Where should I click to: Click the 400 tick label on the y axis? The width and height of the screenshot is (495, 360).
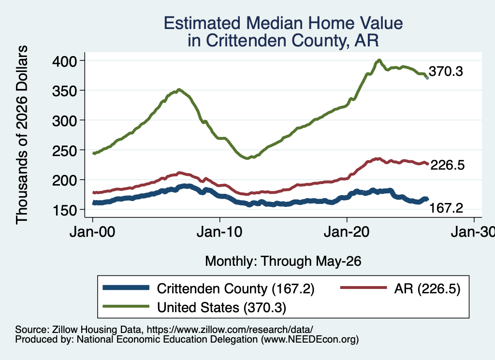pos(64,61)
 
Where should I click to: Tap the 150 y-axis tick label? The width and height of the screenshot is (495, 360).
pos(64,210)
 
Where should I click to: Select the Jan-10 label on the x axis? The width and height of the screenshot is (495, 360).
pos(219,232)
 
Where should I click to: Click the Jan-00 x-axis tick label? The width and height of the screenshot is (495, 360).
pos(92,232)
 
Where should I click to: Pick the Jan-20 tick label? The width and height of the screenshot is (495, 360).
pos(347,232)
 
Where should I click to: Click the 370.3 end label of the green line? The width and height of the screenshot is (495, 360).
pos(446,72)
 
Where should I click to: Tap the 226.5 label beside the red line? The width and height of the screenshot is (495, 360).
pos(447,165)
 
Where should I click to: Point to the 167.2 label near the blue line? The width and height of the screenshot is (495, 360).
pos(446,208)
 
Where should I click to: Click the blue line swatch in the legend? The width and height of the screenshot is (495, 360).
pos(126,288)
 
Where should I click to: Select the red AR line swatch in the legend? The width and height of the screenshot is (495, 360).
pos(364,288)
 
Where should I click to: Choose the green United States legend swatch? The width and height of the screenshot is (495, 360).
pos(126,306)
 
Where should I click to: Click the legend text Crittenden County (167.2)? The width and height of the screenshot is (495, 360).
pos(235,288)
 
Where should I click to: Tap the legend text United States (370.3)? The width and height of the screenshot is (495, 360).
pos(221,308)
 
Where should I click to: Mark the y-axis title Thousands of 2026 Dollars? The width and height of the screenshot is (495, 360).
pos(22,135)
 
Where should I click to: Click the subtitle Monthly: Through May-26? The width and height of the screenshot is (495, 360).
pos(283,261)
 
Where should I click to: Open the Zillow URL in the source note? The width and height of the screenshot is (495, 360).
pos(230,330)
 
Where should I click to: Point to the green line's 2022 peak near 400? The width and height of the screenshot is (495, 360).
pos(379,60)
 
